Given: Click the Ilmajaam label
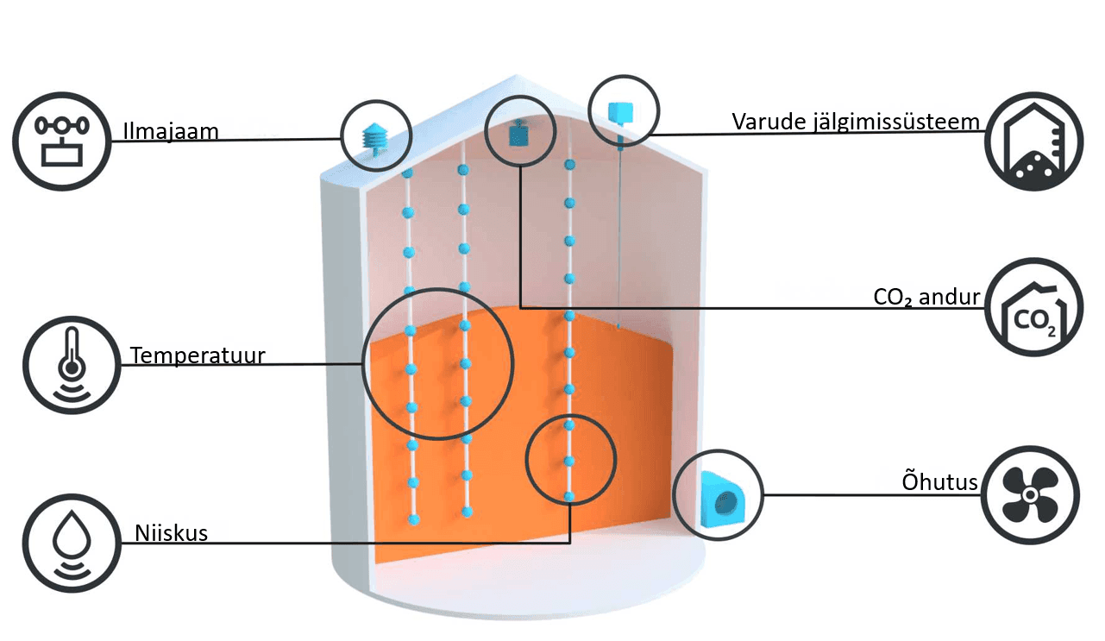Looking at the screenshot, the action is (171, 132).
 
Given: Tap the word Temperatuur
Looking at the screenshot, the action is (198, 355).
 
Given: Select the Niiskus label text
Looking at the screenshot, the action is (171, 533).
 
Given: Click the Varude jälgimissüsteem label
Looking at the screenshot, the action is (856, 122).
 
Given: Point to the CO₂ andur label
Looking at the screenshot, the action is (926, 297).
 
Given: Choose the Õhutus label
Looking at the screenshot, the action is (939, 481).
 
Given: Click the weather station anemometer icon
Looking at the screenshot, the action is (62, 141).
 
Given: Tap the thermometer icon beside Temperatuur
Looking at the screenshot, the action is (72, 365).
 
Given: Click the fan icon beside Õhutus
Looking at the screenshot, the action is (1030, 495).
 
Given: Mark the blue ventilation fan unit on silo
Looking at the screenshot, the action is (721, 500).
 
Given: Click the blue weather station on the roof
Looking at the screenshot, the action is (375, 138).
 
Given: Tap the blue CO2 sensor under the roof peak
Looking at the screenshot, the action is (518, 133).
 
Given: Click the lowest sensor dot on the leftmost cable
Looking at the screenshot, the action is (414, 519).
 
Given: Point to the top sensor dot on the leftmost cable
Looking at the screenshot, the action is (407, 173).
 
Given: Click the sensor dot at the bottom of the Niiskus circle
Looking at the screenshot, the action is (569, 496).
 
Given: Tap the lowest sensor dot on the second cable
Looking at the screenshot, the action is (468, 512).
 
